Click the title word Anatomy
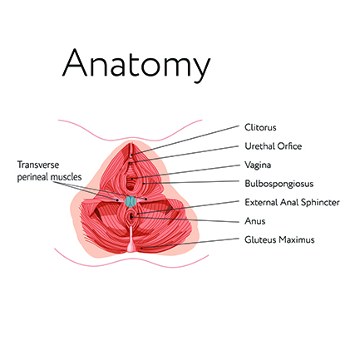coord(136,65)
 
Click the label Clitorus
coord(260,127)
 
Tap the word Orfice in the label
coord(289,146)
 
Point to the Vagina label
coord(258,165)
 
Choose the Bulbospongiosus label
coord(279,184)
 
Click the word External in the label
coord(261,202)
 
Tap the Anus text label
coord(255,221)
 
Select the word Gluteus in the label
coord(260,239)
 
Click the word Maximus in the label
coord(297,239)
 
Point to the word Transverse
coord(38,165)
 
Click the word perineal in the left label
coord(32,177)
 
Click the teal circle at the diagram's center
coord(131,201)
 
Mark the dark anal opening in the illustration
coord(131,217)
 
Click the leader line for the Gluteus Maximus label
coord(190,243)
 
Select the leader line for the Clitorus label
coord(185,141)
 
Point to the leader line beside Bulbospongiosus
coord(191,182)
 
